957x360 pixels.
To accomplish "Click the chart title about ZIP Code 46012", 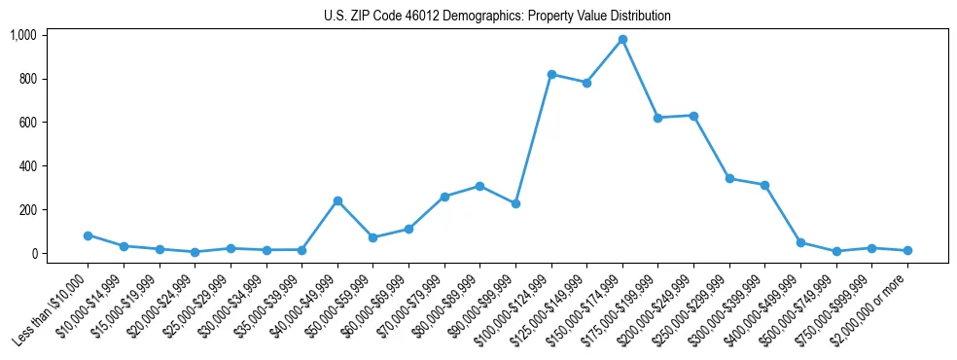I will [x=497, y=17].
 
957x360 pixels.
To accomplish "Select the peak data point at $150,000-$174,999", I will [x=622, y=40].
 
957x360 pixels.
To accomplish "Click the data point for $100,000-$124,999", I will [x=551, y=75].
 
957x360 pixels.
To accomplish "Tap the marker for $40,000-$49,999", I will [x=337, y=201].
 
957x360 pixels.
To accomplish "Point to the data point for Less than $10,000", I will [x=89, y=235].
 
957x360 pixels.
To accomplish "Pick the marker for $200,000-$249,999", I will [x=693, y=116].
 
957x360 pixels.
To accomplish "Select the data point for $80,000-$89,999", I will [x=479, y=186].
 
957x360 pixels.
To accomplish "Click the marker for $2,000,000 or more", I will [x=907, y=251].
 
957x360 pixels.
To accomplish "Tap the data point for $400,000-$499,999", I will [x=800, y=242].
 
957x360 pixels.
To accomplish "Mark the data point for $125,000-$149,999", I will [x=586, y=83].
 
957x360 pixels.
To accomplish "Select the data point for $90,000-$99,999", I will [x=515, y=204].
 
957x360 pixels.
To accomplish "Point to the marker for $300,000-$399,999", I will [x=764, y=185].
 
